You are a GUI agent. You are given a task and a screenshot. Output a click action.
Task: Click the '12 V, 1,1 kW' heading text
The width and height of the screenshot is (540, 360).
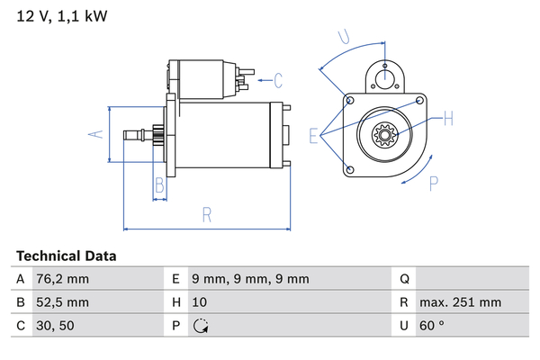pyautogui.click(x=62, y=16)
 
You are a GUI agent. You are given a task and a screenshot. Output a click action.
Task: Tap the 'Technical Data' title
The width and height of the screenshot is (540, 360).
pyautogui.click(x=66, y=256)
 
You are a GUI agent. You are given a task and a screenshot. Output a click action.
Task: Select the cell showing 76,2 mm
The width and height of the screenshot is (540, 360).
pyautogui.click(x=62, y=279)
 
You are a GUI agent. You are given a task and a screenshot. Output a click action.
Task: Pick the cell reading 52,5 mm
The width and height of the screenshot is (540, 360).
pyautogui.click(x=62, y=302)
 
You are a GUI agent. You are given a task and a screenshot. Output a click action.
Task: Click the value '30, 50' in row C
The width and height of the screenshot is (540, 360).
pyautogui.click(x=55, y=326)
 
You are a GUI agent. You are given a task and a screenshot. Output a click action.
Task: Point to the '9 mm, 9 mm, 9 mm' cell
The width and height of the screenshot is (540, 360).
pyautogui.click(x=250, y=279)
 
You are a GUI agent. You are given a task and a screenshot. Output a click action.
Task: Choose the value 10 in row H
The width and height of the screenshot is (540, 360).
pyautogui.click(x=200, y=302)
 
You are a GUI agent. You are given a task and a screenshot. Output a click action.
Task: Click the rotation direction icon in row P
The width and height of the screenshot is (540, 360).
pyautogui.click(x=201, y=326)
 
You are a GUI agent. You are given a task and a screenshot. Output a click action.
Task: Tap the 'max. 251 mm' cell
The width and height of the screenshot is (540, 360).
pyautogui.click(x=460, y=302)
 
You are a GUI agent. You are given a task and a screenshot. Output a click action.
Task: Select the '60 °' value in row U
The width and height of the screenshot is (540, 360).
pyautogui.click(x=432, y=326)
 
